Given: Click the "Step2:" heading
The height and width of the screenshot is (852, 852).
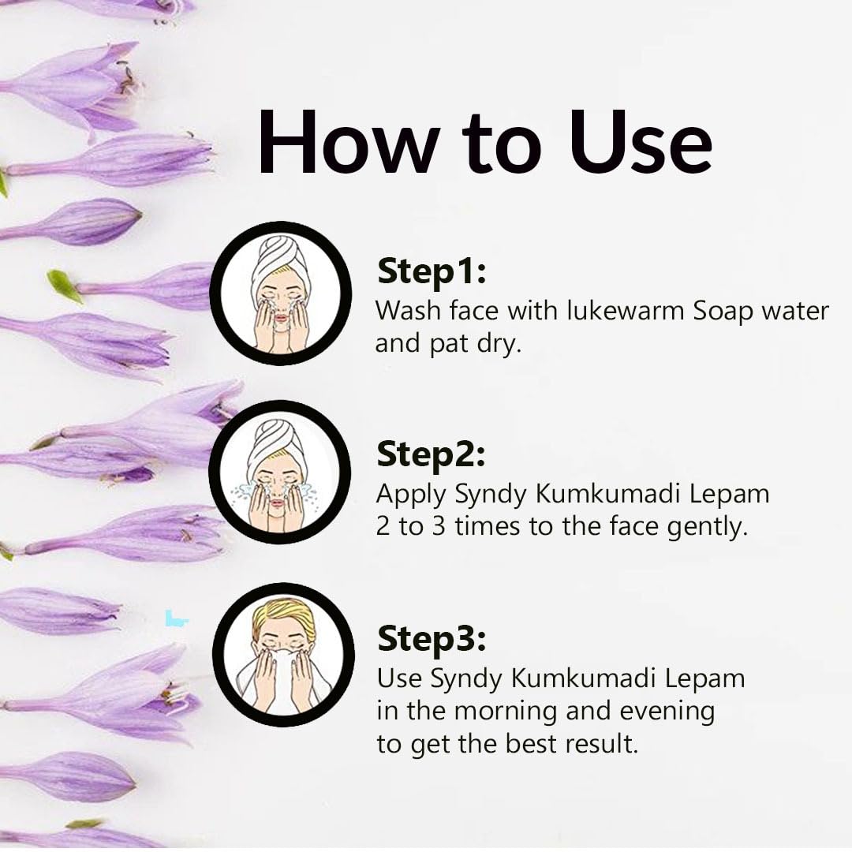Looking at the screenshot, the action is click(x=431, y=456).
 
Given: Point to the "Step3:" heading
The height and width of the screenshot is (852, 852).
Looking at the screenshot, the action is click(x=432, y=639).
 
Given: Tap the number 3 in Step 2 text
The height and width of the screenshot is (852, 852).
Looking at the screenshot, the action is click(x=438, y=526).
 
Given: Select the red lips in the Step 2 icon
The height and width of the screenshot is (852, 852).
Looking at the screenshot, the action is click(x=278, y=503).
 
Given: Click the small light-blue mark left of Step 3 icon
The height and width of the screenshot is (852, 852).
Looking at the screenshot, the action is click(x=175, y=618).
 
